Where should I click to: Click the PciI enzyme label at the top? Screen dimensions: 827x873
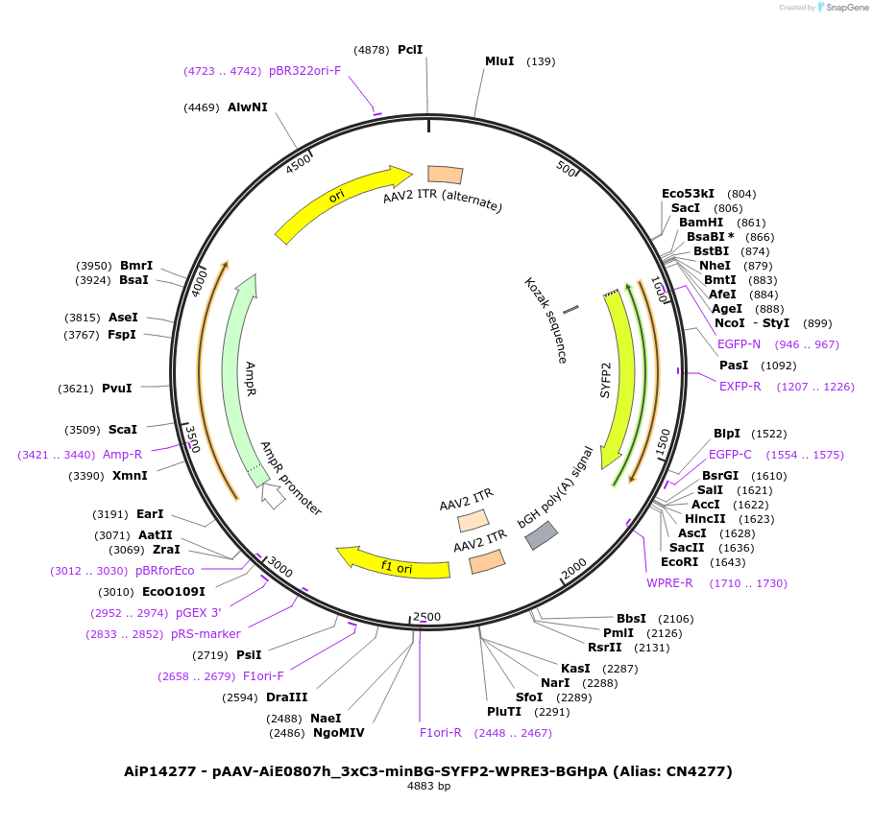pyautogui.click(x=410, y=49)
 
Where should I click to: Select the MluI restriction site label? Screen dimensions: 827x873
pyautogui.click(x=499, y=61)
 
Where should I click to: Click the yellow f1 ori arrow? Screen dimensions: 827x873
pyautogui.click(x=394, y=564)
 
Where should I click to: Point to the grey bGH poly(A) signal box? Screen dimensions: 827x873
pyautogui.click(x=542, y=534)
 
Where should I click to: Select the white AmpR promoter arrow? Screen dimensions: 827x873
pyautogui.click(x=274, y=496)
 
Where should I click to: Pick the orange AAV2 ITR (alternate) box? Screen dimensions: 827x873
pyautogui.click(x=445, y=174)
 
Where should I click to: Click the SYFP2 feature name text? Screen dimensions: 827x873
pyautogui.click(x=606, y=380)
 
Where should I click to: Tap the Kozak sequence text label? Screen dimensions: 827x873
pyautogui.click(x=545, y=320)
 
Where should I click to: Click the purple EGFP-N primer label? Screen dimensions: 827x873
pyautogui.click(x=739, y=343)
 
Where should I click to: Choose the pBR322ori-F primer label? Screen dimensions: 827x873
pyautogui.click(x=304, y=70)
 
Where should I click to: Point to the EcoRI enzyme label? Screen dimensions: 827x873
pyautogui.click(x=681, y=562)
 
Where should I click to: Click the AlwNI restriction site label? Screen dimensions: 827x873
pyautogui.click(x=248, y=106)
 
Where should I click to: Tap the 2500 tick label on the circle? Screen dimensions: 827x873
pyautogui.click(x=426, y=617)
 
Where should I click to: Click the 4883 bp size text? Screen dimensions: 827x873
pyautogui.click(x=428, y=786)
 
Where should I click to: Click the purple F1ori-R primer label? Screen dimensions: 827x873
pyautogui.click(x=441, y=732)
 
